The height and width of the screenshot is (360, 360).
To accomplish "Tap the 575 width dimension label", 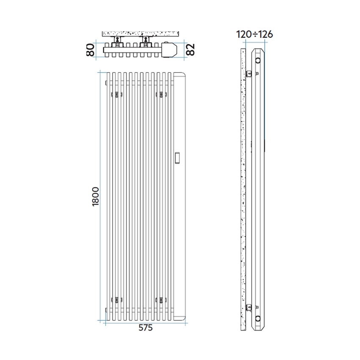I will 144,328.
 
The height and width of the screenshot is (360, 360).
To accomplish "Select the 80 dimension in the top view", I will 90,50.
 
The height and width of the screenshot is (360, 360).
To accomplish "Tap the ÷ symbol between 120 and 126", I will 254,34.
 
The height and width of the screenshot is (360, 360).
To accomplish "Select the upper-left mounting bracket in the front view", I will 117,95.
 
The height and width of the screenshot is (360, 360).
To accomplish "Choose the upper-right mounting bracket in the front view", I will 161,95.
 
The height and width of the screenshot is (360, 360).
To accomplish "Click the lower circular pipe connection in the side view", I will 258,318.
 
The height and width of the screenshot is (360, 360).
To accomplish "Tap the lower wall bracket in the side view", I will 250,306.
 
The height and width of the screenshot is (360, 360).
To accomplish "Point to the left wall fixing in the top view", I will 117,42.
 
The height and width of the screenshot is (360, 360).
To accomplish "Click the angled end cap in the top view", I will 171,50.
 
